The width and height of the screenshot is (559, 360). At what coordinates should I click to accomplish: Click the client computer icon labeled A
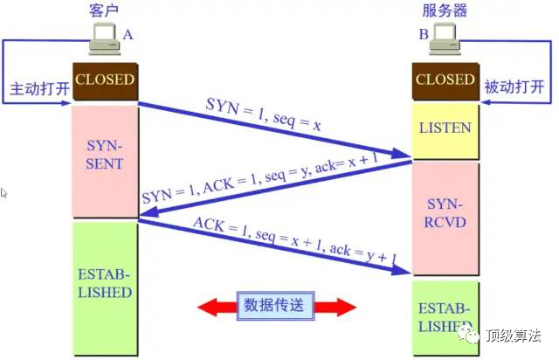[106, 38]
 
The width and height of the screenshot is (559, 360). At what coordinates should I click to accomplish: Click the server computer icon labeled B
[445, 38]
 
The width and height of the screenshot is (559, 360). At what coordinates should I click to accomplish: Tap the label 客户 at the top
[104, 10]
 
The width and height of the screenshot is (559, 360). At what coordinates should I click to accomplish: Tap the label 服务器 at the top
[445, 10]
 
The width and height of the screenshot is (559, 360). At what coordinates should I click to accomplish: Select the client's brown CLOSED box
[105, 80]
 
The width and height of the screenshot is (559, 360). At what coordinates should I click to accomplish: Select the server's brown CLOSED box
[445, 80]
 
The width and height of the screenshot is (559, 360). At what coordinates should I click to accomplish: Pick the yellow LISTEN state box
[445, 128]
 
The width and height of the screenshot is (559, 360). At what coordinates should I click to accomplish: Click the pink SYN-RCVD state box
[445, 213]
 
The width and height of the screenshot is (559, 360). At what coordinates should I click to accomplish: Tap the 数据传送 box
[275, 306]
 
